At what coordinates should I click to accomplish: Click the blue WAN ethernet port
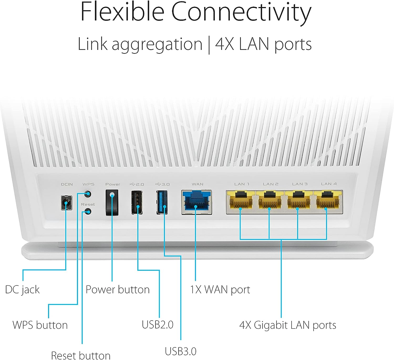pyautogui.click(x=196, y=202)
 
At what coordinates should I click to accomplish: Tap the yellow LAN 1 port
pyautogui.click(x=241, y=201)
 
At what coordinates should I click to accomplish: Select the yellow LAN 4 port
pyautogui.click(x=327, y=201)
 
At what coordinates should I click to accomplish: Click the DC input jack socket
pyautogui.click(x=66, y=202)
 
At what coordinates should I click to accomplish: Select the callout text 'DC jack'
pyautogui.click(x=22, y=290)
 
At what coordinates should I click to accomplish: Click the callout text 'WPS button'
pyautogui.click(x=40, y=325)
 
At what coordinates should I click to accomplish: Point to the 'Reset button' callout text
pyautogui.click(x=81, y=355)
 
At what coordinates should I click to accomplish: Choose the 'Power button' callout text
pyautogui.click(x=117, y=290)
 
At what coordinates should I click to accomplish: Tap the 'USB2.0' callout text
pyautogui.click(x=158, y=325)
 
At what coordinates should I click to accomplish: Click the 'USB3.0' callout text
pyautogui.click(x=181, y=351)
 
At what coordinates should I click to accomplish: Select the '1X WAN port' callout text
pyautogui.click(x=220, y=290)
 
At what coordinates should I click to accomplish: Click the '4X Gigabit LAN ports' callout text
pyautogui.click(x=288, y=325)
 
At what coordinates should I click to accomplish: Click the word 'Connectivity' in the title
pyautogui.click(x=241, y=13)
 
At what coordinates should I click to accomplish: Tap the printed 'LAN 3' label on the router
pyautogui.click(x=300, y=184)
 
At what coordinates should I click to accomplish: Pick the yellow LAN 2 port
pyautogui.click(x=270, y=201)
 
